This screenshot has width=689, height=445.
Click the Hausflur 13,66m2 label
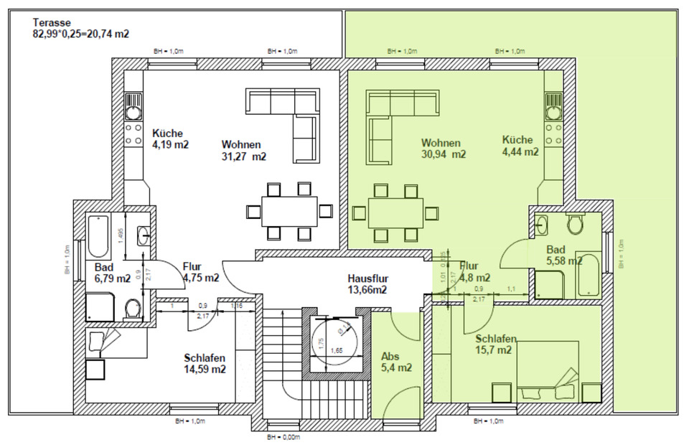(x=367, y=284)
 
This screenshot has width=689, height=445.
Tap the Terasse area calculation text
(x=81, y=33)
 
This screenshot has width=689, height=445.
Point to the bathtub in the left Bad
(x=98, y=235)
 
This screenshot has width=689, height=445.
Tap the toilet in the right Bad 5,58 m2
(x=576, y=226)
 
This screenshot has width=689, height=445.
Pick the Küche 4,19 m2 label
(x=170, y=139)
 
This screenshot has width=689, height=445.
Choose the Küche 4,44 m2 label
(x=520, y=146)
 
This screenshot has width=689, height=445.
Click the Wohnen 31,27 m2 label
(x=243, y=149)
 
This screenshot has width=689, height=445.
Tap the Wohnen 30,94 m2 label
(x=443, y=148)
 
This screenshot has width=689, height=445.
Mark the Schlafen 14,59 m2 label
(x=205, y=364)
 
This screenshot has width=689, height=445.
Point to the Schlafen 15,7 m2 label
(x=495, y=345)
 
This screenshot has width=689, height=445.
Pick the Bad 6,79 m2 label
(x=112, y=273)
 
